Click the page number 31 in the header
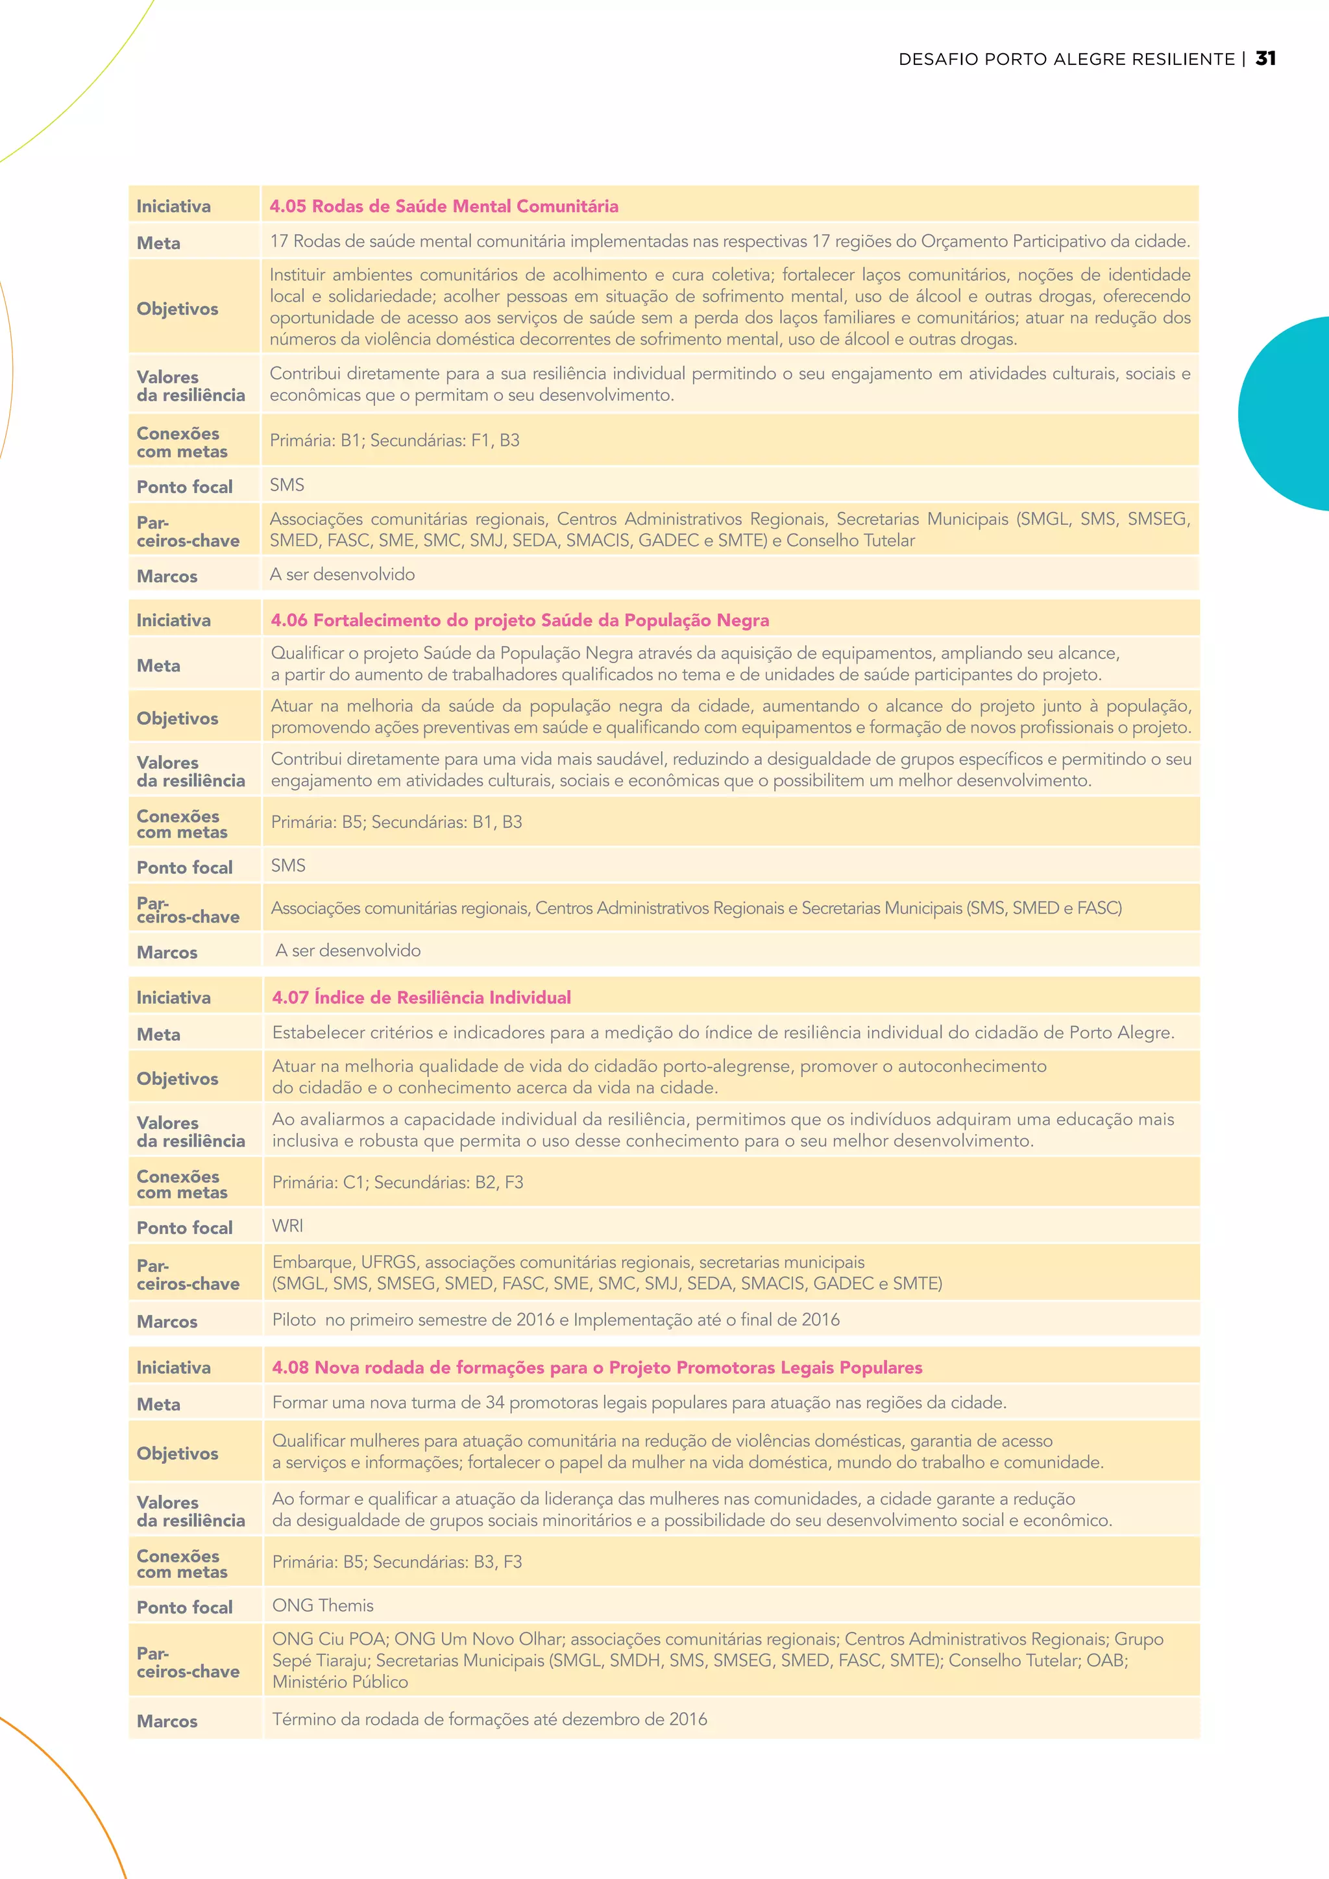[1265, 59]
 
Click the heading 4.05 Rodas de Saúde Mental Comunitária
[444, 206]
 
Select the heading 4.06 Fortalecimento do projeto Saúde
[520, 620]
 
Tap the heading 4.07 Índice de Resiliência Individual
[421, 998]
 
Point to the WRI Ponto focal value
[287, 1226]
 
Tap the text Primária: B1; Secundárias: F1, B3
[395, 441]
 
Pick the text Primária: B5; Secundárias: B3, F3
[397, 1562]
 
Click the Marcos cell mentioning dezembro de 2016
[489, 1719]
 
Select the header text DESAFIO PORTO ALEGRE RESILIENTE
[1066, 60]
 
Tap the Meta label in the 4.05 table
[159, 243]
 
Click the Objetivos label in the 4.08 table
[178, 1454]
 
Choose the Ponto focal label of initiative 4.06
[185, 867]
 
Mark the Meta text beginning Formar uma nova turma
[639, 1403]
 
